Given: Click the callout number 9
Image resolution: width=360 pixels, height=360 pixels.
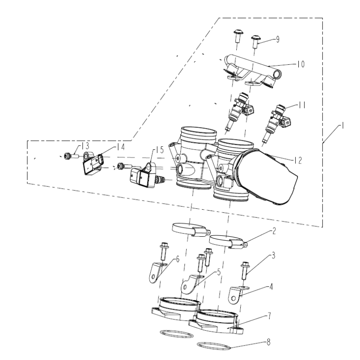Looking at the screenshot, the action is point(278,39).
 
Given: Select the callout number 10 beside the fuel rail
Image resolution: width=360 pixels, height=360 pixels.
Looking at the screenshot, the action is point(301,64).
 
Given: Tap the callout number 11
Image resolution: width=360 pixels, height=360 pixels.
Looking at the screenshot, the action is point(302,105).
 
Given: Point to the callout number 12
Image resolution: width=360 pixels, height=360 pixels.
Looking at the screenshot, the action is point(298,161).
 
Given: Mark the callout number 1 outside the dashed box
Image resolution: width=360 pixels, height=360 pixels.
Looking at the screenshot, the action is point(342,126).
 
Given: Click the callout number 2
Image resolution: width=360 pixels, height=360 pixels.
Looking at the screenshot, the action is point(274,231).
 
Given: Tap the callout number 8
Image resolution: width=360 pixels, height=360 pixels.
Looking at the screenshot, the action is point(269,342).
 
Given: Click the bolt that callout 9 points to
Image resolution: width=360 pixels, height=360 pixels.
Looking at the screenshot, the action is point(255,41).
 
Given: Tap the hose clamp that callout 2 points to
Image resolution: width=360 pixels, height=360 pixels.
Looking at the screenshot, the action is point(229,242).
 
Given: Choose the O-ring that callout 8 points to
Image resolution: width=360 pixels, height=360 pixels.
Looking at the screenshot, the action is point(213,346).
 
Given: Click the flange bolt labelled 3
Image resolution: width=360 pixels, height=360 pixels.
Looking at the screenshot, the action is point(245,270).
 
